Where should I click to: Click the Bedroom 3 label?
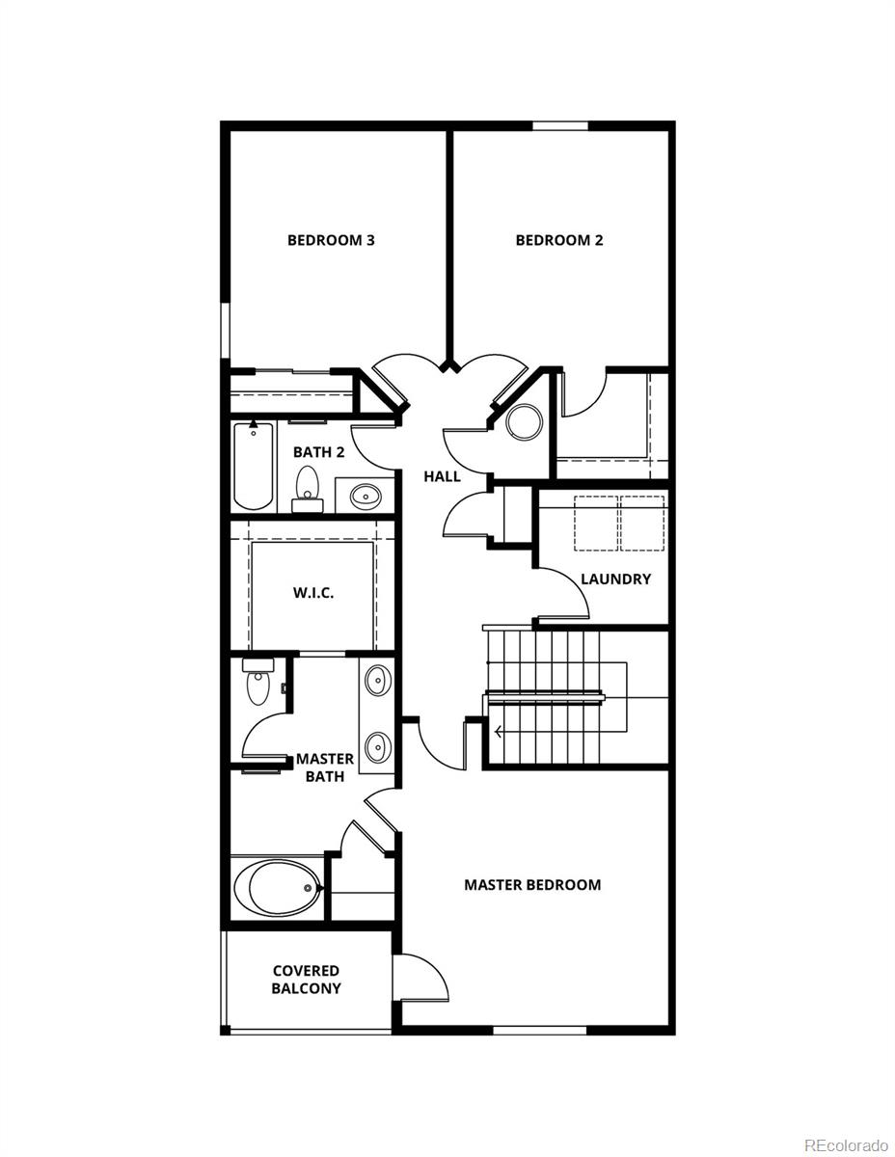pyautogui.click(x=331, y=240)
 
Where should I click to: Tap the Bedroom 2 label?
pyautogui.click(x=559, y=240)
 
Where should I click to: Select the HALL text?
pyautogui.click(x=443, y=476)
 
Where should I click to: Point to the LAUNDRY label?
pyautogui.click(x=615, y=579)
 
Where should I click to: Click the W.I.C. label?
pyautogui.click(x=313, y=593)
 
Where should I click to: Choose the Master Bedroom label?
pyautogui.click(x=532, y=884)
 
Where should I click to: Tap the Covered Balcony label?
pyautogui.click(x=306, y=980)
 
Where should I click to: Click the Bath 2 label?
pyautogui.click(x=318, y=452)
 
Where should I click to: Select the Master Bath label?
pyautogui.click(x=325, y=767)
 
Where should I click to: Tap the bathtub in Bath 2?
pyautogui.click(x=254, y=465)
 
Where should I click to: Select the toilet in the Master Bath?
pyautogui.click(x=258, y=684)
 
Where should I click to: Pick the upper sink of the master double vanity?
pyautogui.click(x=378, y=680)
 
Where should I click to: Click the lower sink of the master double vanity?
pyautogui.click(x=378, y=745)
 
